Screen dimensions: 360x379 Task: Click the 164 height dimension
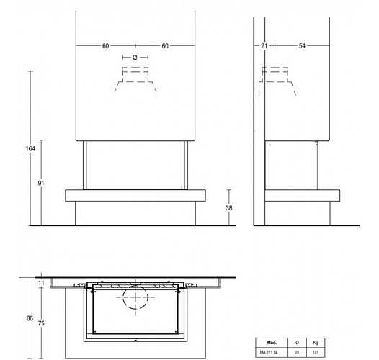point(30,148)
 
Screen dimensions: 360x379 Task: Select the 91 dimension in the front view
point(40,184)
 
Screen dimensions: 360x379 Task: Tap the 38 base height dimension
point(229,207)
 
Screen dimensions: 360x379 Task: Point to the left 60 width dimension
point(105,46)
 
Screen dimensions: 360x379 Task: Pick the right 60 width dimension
point(165,46)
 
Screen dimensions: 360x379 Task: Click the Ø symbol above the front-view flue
point(135,56)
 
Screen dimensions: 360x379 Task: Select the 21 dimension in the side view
point(264,46)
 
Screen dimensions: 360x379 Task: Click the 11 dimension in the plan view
point(41,284)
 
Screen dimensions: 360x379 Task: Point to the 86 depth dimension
point(29,318)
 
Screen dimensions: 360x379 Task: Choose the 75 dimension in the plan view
point(41,324)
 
